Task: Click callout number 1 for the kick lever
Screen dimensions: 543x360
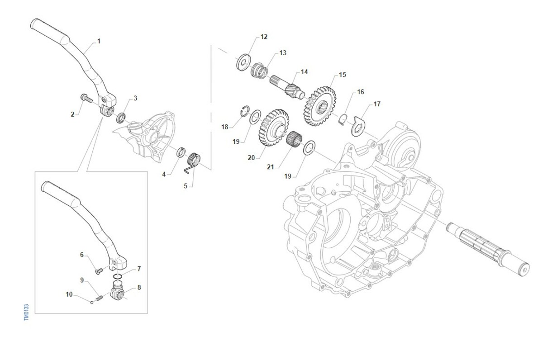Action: [99, 42]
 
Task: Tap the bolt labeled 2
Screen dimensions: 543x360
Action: [86, 98]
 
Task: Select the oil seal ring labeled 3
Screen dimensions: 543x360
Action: [121, 118]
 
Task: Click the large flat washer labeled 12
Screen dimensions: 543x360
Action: [243, 62]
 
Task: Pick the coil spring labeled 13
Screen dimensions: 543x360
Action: [259, 71]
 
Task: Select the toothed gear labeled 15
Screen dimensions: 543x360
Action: [320, 106]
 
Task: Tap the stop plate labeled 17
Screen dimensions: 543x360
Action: [358, 126]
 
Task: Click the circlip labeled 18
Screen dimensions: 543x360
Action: [245, 111]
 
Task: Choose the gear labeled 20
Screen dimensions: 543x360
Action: [274, 127]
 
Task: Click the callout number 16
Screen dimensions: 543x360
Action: [361, 92]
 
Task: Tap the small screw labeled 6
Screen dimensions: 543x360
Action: [99, 271]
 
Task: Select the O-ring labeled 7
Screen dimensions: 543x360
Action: [118, 276]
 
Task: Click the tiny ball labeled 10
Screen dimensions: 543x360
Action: [91, 302]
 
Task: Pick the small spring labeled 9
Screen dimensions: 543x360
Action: [100, 298]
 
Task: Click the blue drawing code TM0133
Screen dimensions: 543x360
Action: [26, 312]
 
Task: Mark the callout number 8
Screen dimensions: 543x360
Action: [139, 287]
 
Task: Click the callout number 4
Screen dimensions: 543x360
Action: [164, 174]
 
